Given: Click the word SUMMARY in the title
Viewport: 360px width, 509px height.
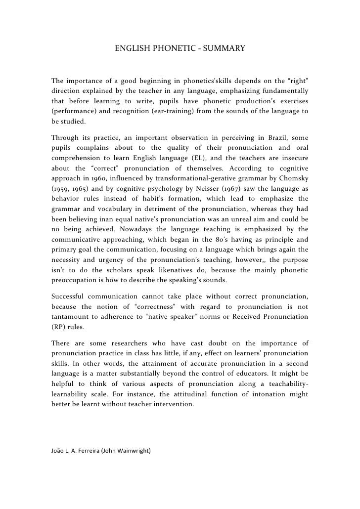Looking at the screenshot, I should [226, 49].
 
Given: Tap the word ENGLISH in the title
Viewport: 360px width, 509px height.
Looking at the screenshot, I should [131, 49].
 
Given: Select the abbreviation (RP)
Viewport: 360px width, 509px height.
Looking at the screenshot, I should [59, 327].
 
